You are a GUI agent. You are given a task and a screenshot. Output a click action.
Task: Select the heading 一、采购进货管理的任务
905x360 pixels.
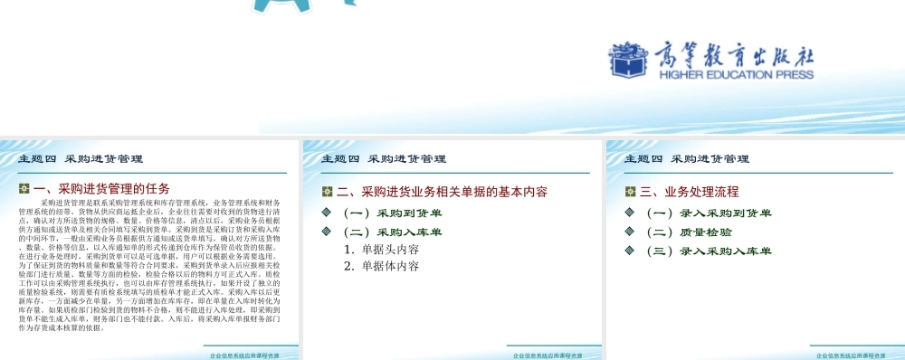pos(100,189)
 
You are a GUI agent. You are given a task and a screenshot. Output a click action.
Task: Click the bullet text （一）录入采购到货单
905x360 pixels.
pos(708,213)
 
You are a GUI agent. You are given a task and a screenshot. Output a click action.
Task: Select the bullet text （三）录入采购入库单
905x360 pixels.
pos(708,251)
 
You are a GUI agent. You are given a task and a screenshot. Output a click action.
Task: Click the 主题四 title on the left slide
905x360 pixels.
pos(81,158)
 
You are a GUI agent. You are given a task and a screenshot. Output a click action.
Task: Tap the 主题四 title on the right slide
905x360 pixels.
pos(687,158)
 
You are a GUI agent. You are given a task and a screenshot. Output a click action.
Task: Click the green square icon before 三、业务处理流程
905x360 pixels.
pos(631,192)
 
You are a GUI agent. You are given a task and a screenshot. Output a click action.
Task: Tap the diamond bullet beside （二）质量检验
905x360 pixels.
pos(631,232)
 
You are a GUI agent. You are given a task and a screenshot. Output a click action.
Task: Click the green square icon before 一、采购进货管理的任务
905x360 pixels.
pos(24,189)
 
